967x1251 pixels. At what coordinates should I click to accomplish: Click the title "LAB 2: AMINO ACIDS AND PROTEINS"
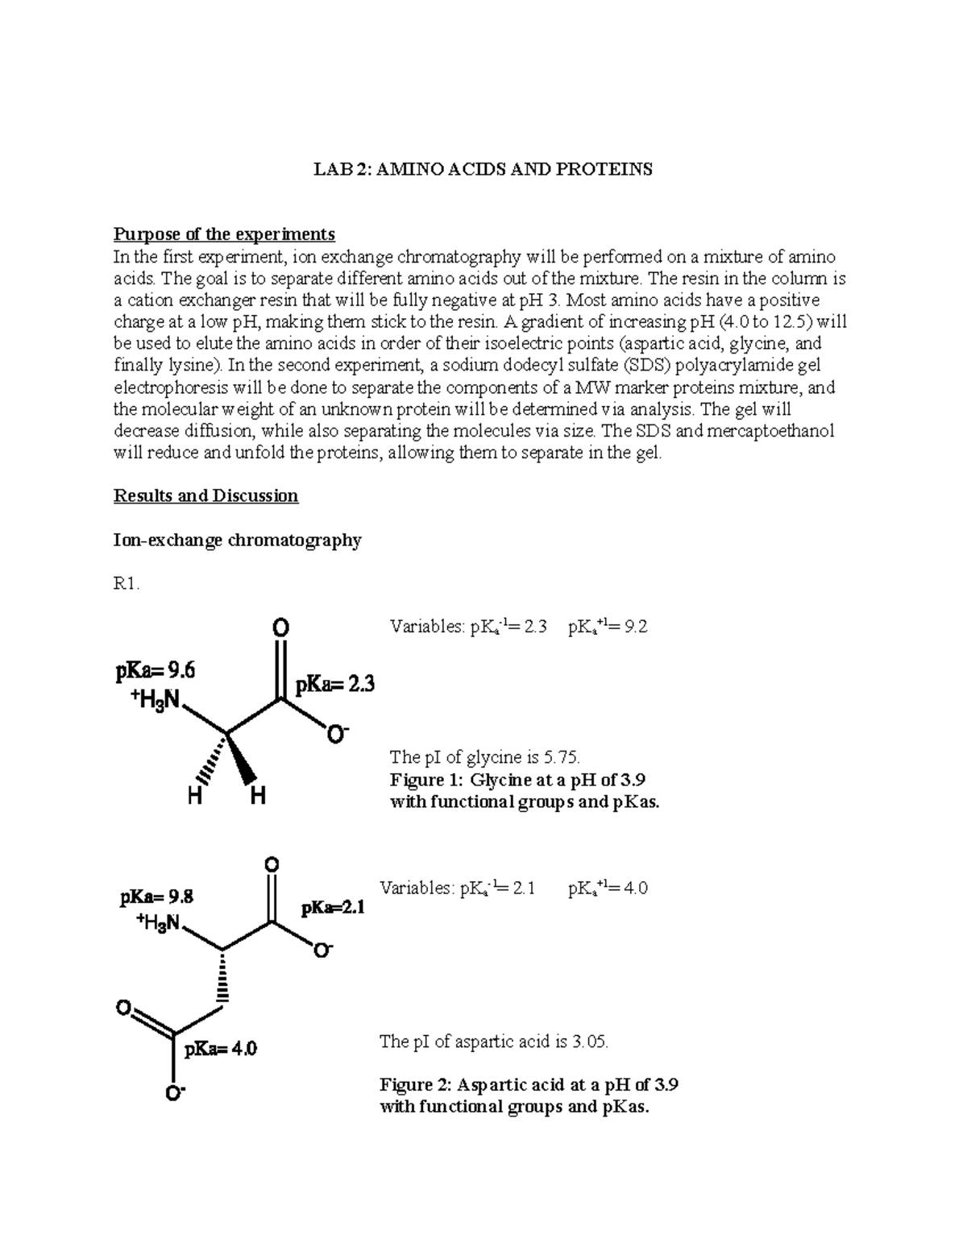pos(483,169)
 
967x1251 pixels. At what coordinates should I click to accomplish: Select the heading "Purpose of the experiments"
pos(224,234)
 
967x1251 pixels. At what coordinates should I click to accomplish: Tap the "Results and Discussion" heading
pos(206,496)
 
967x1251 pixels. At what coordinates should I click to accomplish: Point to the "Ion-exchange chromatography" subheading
pos(237,540)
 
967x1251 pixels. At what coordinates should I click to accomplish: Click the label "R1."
pos(127,584)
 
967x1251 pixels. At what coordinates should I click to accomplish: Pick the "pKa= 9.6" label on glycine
pos(154,670)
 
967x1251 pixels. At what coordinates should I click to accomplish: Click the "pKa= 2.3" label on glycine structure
pos(334,686)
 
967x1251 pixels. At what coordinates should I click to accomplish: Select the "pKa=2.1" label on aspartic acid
pos(333,908)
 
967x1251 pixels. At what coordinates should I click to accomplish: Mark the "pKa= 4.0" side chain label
pos(221,1049)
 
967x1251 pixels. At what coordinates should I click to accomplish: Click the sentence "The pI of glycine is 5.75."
pos(484,757)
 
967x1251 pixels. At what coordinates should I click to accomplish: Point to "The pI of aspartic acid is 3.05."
pos(494,1042)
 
